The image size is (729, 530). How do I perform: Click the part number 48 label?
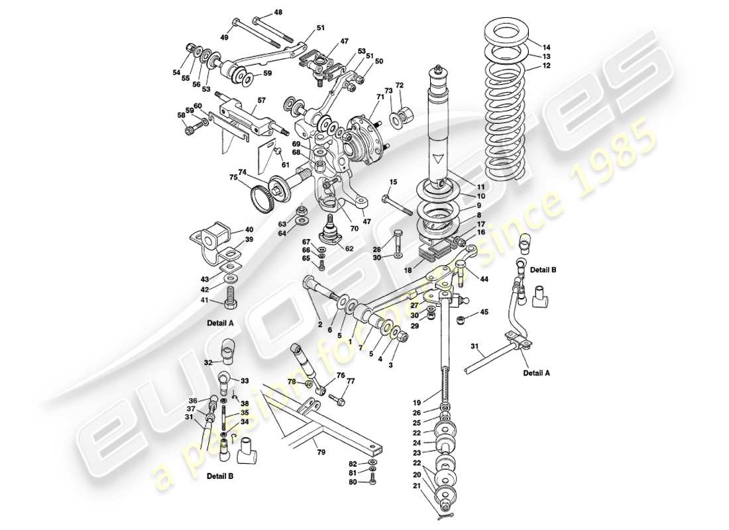click(x=277, y=12)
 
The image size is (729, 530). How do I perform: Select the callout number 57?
click(x=262, y=100)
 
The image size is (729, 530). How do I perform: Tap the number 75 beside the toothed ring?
click(x=233, y=177)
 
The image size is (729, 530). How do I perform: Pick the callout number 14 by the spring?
click(x=546, y=47)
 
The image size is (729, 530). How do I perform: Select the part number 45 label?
click(x=484, y=311)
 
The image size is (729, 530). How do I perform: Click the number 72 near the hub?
click(x=400, y=85)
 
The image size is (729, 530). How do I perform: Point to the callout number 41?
click(x=204, y=301)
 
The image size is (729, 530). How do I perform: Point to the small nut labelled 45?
click(x=461, y=321)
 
